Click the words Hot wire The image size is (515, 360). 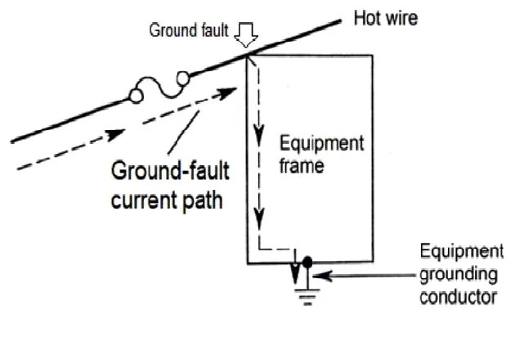coord(385,17)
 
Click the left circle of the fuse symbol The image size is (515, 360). coord(136,97)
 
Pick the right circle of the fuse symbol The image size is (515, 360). coord(182,79)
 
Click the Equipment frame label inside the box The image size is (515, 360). coord(321,155)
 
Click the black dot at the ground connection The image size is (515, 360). coord(307,263)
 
